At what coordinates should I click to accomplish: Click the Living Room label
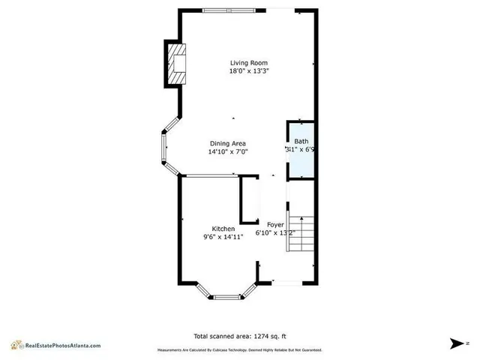coord(248,63)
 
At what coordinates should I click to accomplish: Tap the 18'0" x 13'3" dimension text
coord(248,71)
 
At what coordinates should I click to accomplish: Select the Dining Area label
coord(227,143)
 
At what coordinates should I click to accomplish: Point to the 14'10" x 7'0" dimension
coord(227,151)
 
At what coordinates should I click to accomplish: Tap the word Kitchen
coord(223,229)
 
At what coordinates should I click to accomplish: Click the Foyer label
coord(275,224)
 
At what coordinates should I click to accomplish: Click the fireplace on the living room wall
coord(175,63)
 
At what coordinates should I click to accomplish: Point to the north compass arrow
coord(457,343)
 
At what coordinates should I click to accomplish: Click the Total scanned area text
coord(239,336)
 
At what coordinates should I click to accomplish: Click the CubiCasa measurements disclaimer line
coord(239,350)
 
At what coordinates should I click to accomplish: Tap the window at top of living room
coord(222,10)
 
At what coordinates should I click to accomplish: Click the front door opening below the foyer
coord(285,283)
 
